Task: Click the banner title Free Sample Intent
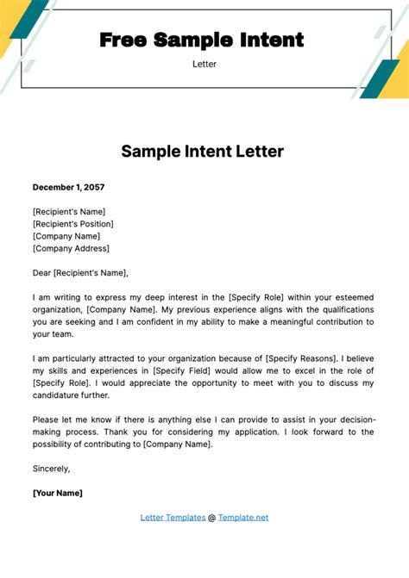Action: [202, 40]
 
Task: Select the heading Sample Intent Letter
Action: [202, 152]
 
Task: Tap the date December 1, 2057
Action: [69, 187]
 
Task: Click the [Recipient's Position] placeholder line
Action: [72, 224]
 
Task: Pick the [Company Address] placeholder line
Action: [71, 249]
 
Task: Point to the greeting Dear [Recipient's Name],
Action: [80, 273]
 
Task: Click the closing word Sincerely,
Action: [51, 469]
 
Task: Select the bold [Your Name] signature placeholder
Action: [58, 493]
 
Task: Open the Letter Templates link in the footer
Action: [172, 518]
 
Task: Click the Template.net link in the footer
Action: [243, 518]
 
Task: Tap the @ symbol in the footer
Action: [211, 518]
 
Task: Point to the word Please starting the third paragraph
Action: [48, 420]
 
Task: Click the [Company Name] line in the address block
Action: [66, 236]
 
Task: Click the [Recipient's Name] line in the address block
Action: [68, 211]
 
